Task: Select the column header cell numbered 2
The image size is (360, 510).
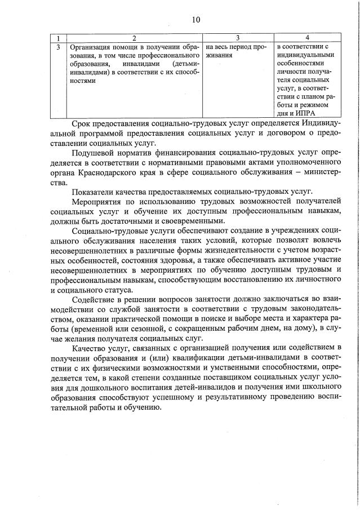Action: click(134, 38)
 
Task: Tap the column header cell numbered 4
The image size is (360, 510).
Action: click(306, 38)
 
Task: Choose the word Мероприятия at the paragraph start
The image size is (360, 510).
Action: click(97, 201)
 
